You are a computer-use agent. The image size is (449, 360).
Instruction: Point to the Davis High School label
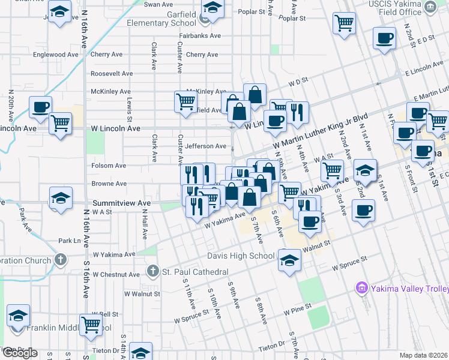[x=241, y=256]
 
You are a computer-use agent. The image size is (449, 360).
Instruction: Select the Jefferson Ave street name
[x=205, y=146]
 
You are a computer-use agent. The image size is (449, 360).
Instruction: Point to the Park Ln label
[x=69, y=241]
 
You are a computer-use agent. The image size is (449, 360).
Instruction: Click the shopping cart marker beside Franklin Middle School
[x=91, y=325]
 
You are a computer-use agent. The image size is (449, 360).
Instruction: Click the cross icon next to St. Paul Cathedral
[x=154, y=271]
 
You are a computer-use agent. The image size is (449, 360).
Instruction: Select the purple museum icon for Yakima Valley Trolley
[x=361, y=289]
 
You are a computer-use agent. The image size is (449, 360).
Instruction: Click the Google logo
[x=20, y=353]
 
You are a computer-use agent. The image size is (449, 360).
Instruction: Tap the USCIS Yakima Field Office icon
[x=430, y=7]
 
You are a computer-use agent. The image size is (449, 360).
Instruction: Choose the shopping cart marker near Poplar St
[x=343, y=23]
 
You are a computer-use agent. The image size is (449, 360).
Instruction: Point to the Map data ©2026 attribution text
[x=424, y=355]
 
